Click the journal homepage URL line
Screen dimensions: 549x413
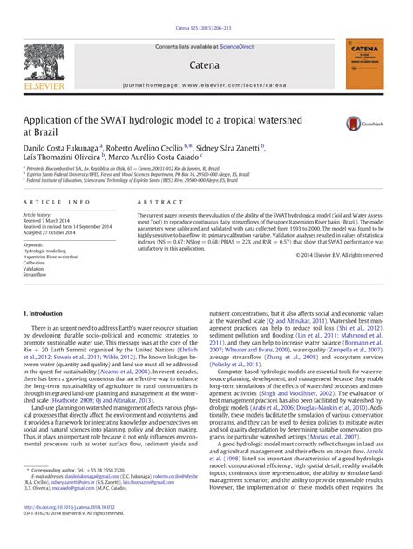[206, 85]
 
